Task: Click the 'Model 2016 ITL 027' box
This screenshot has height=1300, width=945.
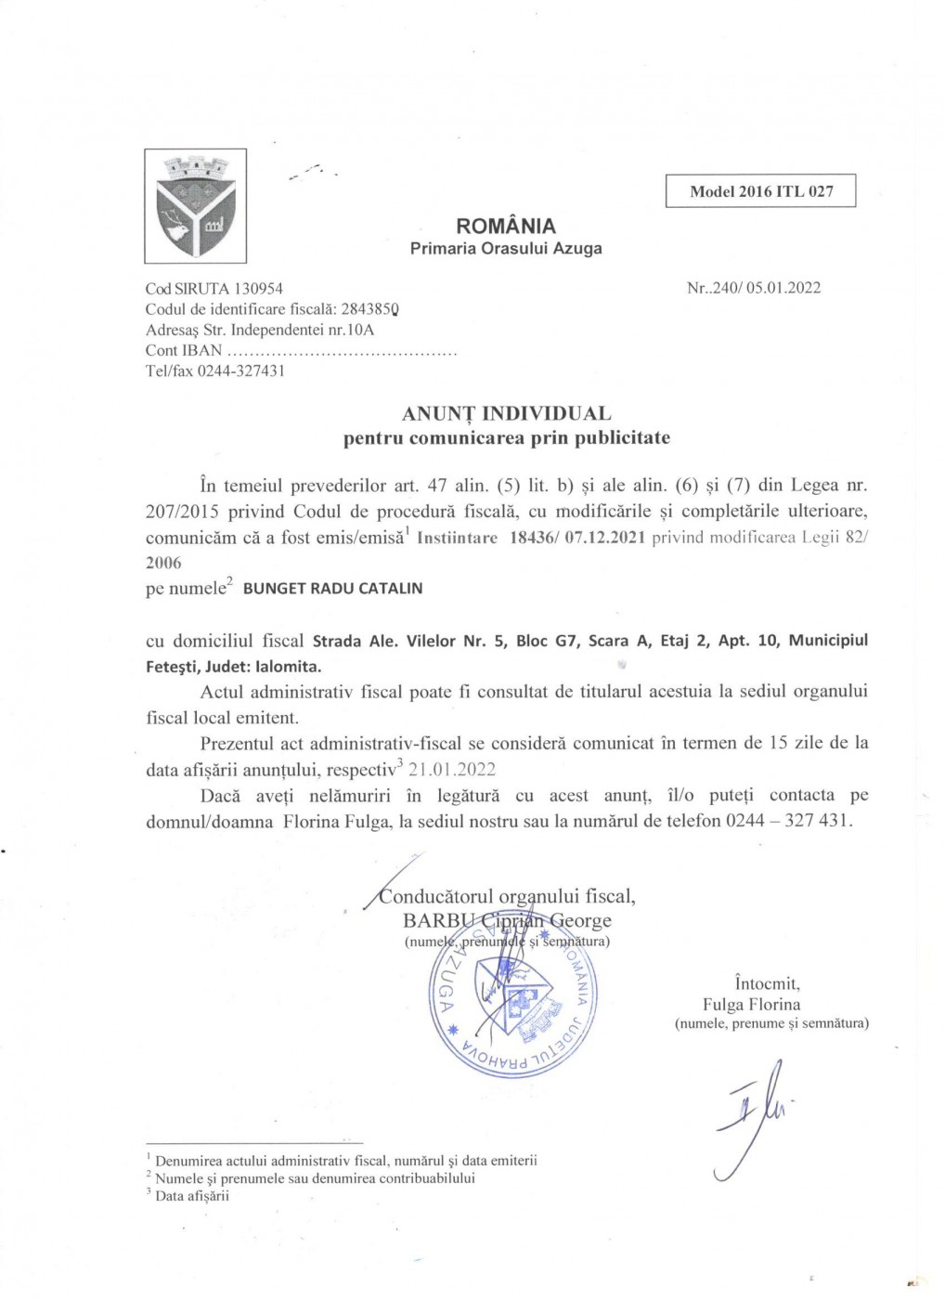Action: coord(761,191)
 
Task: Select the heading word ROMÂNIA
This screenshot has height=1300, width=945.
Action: coord(507,226)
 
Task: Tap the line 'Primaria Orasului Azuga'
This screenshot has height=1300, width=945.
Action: coord(507,248)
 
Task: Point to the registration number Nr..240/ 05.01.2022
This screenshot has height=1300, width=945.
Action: coord(754,287)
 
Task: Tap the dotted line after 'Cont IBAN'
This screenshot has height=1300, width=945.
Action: coord(343,351)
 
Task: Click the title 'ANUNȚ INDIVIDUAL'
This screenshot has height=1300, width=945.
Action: coord(506,412)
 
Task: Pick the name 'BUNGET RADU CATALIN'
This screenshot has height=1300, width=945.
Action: coord(332,588)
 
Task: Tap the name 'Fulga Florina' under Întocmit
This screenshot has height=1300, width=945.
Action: coord(752,1003)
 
